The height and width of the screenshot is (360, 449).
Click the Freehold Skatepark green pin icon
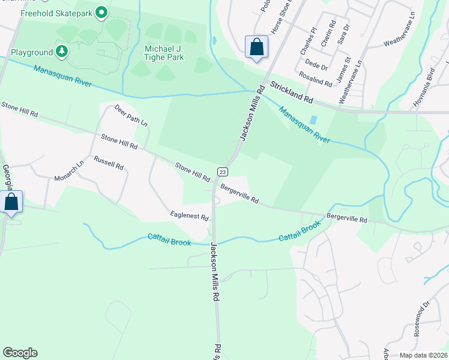(101, 11)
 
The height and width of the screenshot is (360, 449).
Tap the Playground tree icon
(61, 52)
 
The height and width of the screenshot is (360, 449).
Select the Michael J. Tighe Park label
(164, 53)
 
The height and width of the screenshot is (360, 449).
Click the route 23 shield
(221, 170)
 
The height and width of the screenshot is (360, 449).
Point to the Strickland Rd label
(292, 91)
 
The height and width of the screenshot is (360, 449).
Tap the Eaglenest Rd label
(189, 215)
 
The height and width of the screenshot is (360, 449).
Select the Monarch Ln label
(70, 171)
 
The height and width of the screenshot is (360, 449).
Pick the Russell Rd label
(109, 162)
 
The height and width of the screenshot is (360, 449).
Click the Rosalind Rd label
(315, 79)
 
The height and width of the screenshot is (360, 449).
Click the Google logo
(20, 353)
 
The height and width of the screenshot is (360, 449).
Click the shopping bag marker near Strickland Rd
(256, 47)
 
